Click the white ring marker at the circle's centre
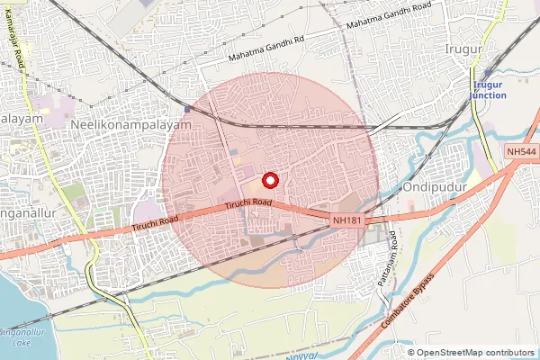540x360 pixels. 269,179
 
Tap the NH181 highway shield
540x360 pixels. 347,219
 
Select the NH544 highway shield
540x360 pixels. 520,153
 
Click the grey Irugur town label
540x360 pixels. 464,48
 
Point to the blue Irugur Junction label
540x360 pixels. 490,89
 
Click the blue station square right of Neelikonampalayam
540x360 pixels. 187,110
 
